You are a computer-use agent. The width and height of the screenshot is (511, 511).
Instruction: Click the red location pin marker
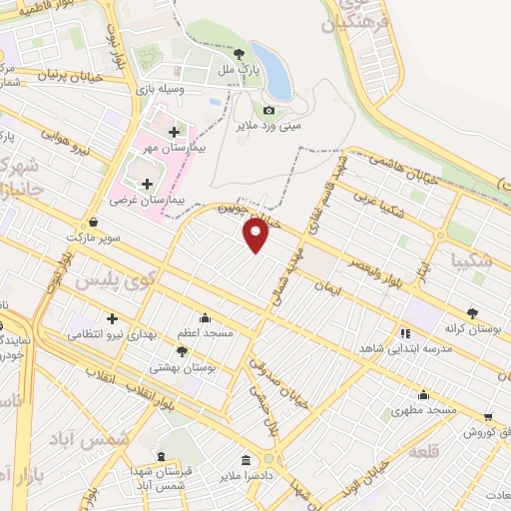(256, 235)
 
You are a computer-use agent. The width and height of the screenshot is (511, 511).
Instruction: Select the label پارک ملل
(240, 72)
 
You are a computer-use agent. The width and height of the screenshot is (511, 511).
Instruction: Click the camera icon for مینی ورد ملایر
(268, 111)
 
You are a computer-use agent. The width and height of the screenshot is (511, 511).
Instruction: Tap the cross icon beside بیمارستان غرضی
(149, 183)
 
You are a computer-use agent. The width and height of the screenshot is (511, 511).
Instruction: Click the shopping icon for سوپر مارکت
(93, 223)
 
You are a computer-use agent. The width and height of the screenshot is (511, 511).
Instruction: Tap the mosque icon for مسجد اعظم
(206, 317)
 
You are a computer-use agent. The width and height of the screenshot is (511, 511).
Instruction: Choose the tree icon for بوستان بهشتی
(181, 351)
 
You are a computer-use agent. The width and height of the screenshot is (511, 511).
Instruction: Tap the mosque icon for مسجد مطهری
(423, 393)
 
